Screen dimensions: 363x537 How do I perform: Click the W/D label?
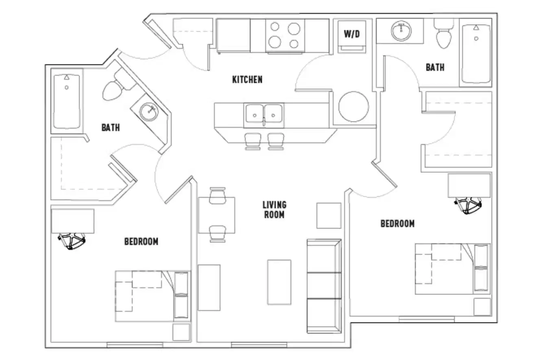(352, 34)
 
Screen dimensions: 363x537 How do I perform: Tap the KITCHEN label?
(247, 79)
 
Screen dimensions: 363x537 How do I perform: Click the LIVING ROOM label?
(274, 210)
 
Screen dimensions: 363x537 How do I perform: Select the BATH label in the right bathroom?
(435, 67)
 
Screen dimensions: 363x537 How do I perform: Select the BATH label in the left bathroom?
(111, 128)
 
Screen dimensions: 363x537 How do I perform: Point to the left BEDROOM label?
(141, 242)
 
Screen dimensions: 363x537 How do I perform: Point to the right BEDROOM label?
(397, 223)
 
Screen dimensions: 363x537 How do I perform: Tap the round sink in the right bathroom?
(401, 31)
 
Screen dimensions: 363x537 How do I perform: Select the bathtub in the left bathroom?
(66, 101)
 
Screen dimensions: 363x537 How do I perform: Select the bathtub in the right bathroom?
(476, 54)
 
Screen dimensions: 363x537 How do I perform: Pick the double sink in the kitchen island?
(264, 115)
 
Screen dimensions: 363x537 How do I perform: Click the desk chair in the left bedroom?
(72, 241)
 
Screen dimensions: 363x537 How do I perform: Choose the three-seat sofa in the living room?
(324, 286)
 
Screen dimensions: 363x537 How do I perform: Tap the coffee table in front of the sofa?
(279, 282)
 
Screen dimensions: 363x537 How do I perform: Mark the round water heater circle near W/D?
(354, 107)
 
